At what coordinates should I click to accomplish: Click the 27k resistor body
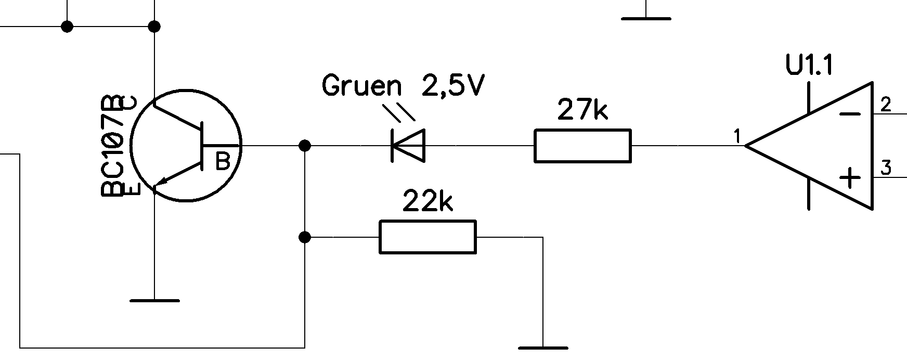[582, 146]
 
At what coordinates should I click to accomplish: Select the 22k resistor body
[427, 237]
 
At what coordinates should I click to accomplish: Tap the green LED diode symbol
[408, 145]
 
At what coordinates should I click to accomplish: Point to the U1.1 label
[810, 66]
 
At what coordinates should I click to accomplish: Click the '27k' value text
[582, 110]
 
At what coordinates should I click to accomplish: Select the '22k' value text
[428, 201]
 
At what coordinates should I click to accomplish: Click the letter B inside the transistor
[223, 161]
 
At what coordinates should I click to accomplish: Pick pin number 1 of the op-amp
[736, 136]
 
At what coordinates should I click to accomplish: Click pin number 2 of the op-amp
[886, 105]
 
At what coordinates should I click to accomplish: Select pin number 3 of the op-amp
[886, 168]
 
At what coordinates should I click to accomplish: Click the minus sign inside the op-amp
[850, 114]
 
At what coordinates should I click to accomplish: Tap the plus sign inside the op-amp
[850, 178]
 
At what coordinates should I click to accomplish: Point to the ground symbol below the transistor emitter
[154, 301]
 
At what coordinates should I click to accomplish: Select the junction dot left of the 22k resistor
[305, 238]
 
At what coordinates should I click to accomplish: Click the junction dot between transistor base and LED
[305, 145]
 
